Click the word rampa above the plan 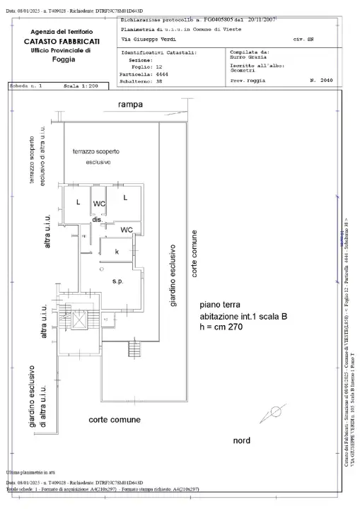(130, 105)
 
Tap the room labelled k (116, 251)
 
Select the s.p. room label (117, 282)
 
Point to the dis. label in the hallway (98, 220)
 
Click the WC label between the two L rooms (99, 204)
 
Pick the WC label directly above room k (126, 230)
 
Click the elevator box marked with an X (79, 320)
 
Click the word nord (241, 440)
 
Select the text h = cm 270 (228, 328)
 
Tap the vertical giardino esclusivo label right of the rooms (171, 276)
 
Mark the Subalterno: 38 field (144, 81)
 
